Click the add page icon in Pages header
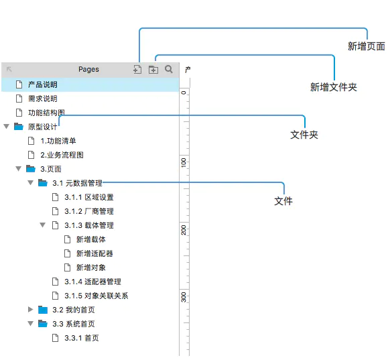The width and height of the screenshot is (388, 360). coord(137,69)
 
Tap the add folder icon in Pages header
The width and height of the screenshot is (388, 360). coord(153,70)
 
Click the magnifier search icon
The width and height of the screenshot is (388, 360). coord(169,69)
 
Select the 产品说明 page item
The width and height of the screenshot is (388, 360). coord(43,84)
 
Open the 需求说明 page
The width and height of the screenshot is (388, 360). coord(43,99)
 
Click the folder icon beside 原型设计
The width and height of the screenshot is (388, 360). coord(19,127)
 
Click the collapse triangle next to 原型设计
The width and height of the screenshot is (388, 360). coord(7,127)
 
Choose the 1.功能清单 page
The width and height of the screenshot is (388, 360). coord(58,141)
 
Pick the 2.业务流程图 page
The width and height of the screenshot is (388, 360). coord(62,156)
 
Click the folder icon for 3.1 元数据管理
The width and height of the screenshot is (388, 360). coord(43,183)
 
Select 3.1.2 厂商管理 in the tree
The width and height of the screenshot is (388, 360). coord(89,211)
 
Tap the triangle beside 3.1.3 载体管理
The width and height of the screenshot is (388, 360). coord(43,225)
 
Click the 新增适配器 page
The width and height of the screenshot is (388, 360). coord(94,253)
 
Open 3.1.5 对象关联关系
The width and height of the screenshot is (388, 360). coord(96,296)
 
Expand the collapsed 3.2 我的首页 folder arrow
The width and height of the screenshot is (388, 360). coord(30,310)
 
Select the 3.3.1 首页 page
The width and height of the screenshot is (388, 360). coord(82,338)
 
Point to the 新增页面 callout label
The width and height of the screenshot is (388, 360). coord(367,46)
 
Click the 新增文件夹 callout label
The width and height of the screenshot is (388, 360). coord(334,87)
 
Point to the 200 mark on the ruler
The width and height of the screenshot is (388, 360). coord(184,230)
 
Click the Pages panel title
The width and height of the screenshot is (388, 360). coord(88,69)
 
